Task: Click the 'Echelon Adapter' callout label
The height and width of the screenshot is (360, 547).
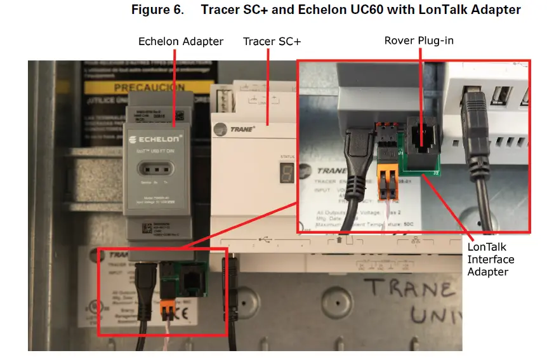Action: click(181, 41)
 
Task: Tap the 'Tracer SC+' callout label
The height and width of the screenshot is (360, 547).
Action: click(272, 41)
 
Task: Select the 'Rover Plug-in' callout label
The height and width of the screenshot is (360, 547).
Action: click(419, 41)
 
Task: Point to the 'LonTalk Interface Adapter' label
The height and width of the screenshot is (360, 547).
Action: click(491, 259)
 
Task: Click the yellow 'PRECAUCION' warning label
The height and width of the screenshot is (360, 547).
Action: click(149, 87)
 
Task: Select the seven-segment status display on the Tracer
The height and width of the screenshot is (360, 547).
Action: click(285, 173)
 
